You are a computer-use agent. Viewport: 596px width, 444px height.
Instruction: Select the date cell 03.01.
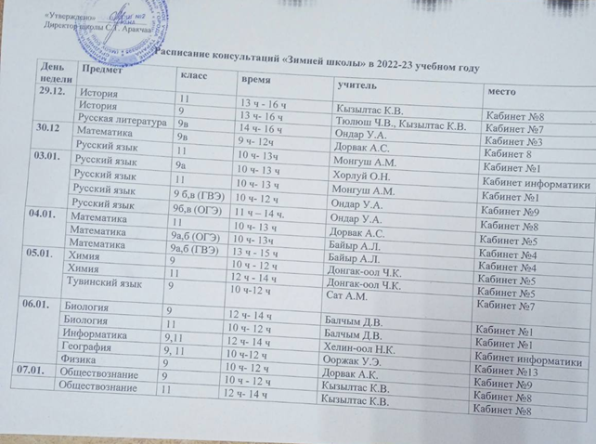46,159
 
